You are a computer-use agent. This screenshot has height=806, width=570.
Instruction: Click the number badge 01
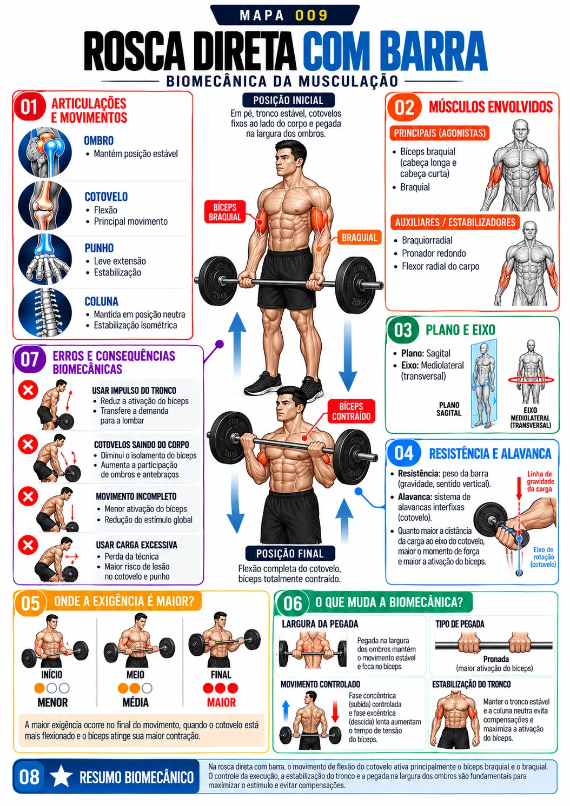[30, 107]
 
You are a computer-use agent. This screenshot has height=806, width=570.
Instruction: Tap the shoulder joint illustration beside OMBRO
[45, 152]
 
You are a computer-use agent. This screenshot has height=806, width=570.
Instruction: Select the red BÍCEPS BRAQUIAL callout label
[225, 212]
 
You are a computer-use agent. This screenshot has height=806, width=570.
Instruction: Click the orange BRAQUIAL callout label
[359, 238]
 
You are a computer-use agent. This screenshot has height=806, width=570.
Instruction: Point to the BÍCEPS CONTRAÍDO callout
[352, 411]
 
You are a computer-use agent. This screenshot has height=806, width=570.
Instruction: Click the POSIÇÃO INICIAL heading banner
[288, 100]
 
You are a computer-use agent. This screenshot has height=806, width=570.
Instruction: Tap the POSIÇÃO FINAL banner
[290, 553]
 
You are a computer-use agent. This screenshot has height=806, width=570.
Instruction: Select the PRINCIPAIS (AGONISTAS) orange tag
[440, 133]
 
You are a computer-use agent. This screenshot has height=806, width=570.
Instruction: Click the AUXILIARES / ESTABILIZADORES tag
[455, 222]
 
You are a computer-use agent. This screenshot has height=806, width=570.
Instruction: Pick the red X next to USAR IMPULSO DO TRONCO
[28, 390]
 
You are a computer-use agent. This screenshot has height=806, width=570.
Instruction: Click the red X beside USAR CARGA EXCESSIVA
[28, 545]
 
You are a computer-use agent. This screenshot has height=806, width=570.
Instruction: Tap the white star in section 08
[61, 776]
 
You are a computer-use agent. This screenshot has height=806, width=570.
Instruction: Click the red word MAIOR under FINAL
[221, 702]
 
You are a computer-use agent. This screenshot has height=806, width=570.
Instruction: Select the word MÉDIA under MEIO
[136, 702]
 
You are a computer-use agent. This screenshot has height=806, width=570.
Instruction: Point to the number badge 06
[293, 603]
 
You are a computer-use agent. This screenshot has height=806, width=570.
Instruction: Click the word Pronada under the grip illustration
[496, 659]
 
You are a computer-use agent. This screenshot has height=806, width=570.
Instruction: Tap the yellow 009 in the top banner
[311, 15]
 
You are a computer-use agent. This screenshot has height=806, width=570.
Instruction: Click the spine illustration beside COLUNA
[45, 312]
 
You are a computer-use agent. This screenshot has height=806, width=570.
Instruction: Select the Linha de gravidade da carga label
[540, 481]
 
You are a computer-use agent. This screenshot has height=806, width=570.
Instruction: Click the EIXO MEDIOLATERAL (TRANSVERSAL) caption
[531, 418]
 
